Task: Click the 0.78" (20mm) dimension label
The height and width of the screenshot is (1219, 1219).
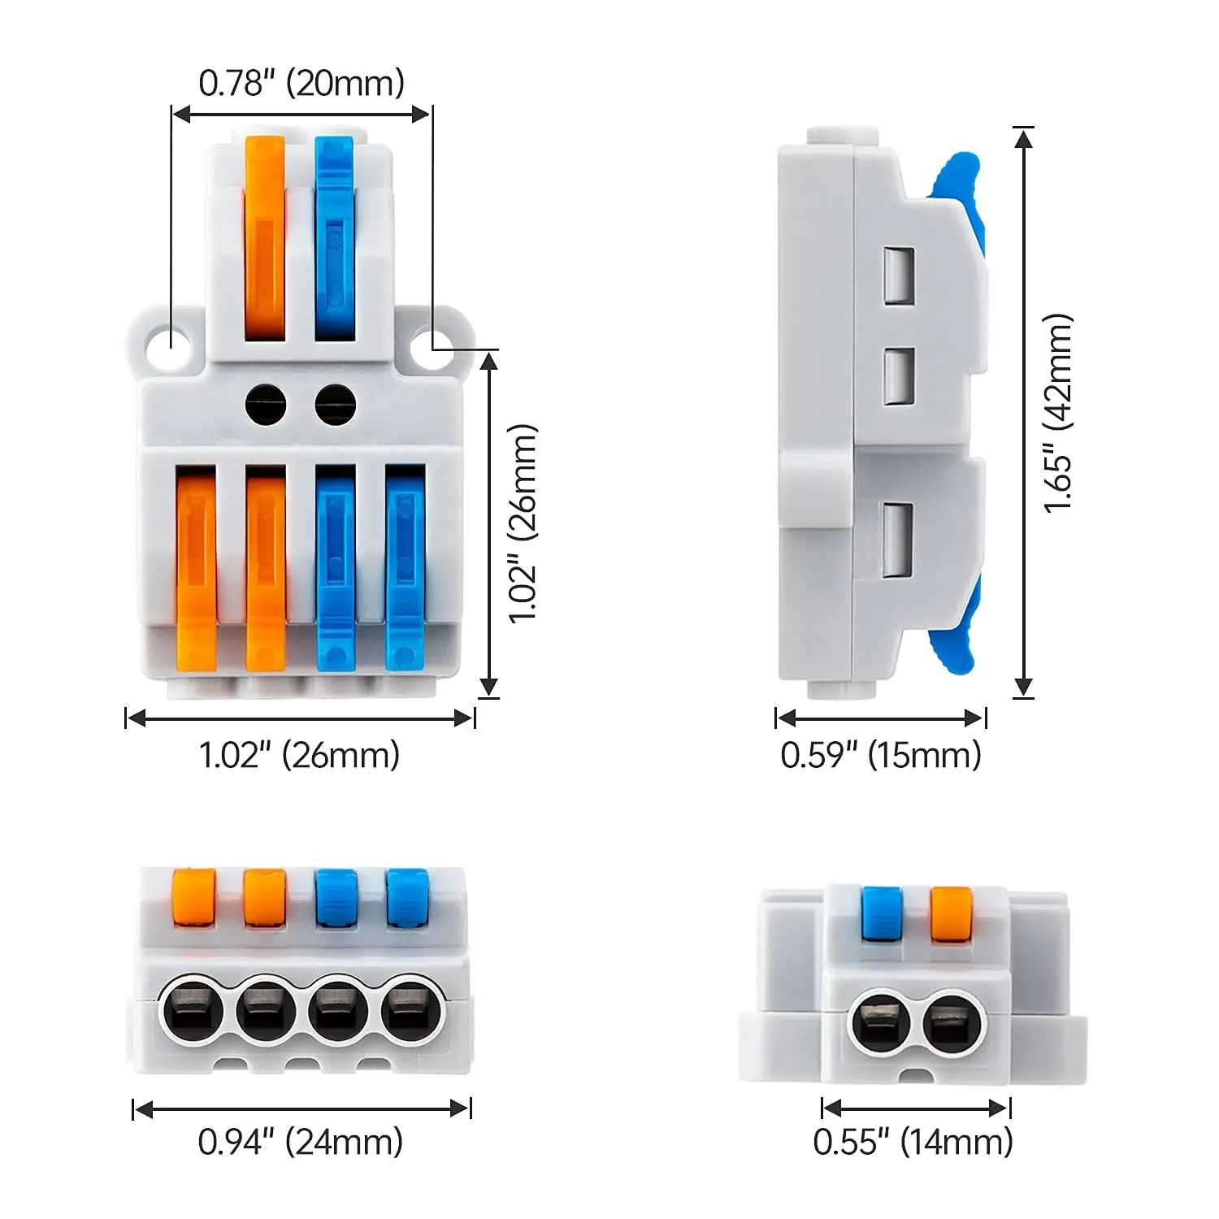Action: click(301, 84)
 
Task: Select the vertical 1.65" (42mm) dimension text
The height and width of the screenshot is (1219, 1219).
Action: click(1059, 413)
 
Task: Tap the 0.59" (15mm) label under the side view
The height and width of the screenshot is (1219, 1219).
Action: click(881, 755)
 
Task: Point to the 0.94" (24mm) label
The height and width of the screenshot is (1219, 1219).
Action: click(301, 1142)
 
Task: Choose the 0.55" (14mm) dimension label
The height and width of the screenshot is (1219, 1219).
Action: click(913, 1142)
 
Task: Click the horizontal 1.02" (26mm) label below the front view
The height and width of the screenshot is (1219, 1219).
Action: click(300, 755)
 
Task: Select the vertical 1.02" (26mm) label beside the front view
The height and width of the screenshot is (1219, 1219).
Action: click(523, 523)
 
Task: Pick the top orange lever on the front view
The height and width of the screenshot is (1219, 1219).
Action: click(265, 236)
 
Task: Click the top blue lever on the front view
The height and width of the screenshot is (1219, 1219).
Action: click(335, 236)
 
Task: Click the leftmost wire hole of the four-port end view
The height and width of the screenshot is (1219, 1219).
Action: click(193, 1012)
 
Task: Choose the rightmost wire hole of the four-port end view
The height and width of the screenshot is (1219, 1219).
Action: click(411, 1012)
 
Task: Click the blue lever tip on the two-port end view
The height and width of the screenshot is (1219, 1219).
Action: click(882, 913)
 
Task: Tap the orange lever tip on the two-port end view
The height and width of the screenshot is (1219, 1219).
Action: click(951, 913)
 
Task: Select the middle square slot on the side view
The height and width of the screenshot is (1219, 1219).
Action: click(899, 376)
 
